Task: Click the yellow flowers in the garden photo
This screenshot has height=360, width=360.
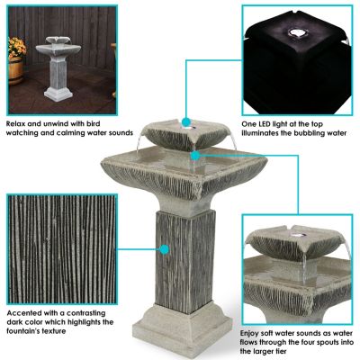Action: [16, 46]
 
